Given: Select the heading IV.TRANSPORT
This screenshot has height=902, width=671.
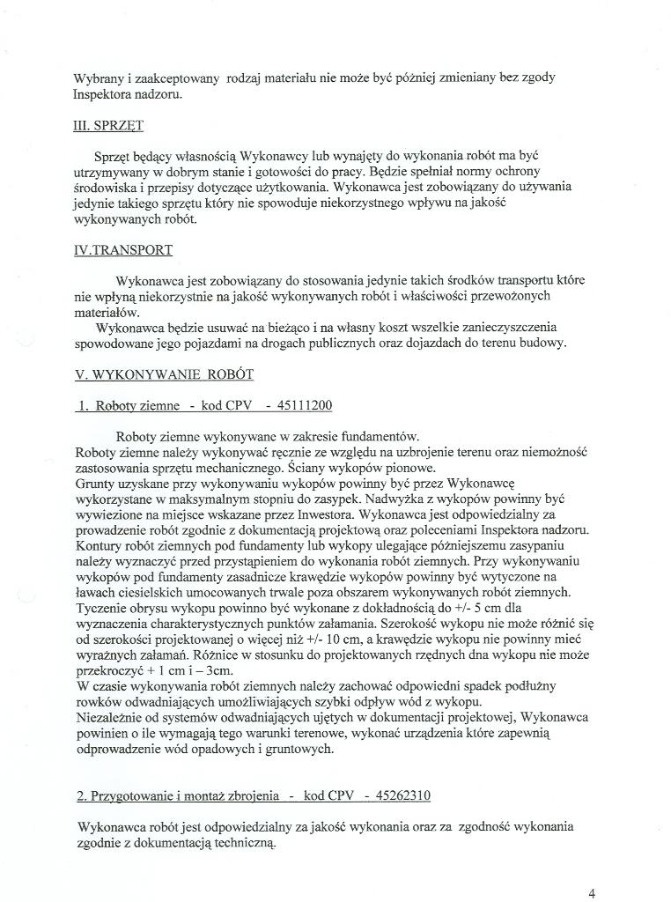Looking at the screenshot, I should pos(123,250).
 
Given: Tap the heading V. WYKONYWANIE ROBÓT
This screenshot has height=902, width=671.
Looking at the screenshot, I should pos(165,374).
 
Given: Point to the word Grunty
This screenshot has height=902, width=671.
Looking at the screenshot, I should pos(96,482).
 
